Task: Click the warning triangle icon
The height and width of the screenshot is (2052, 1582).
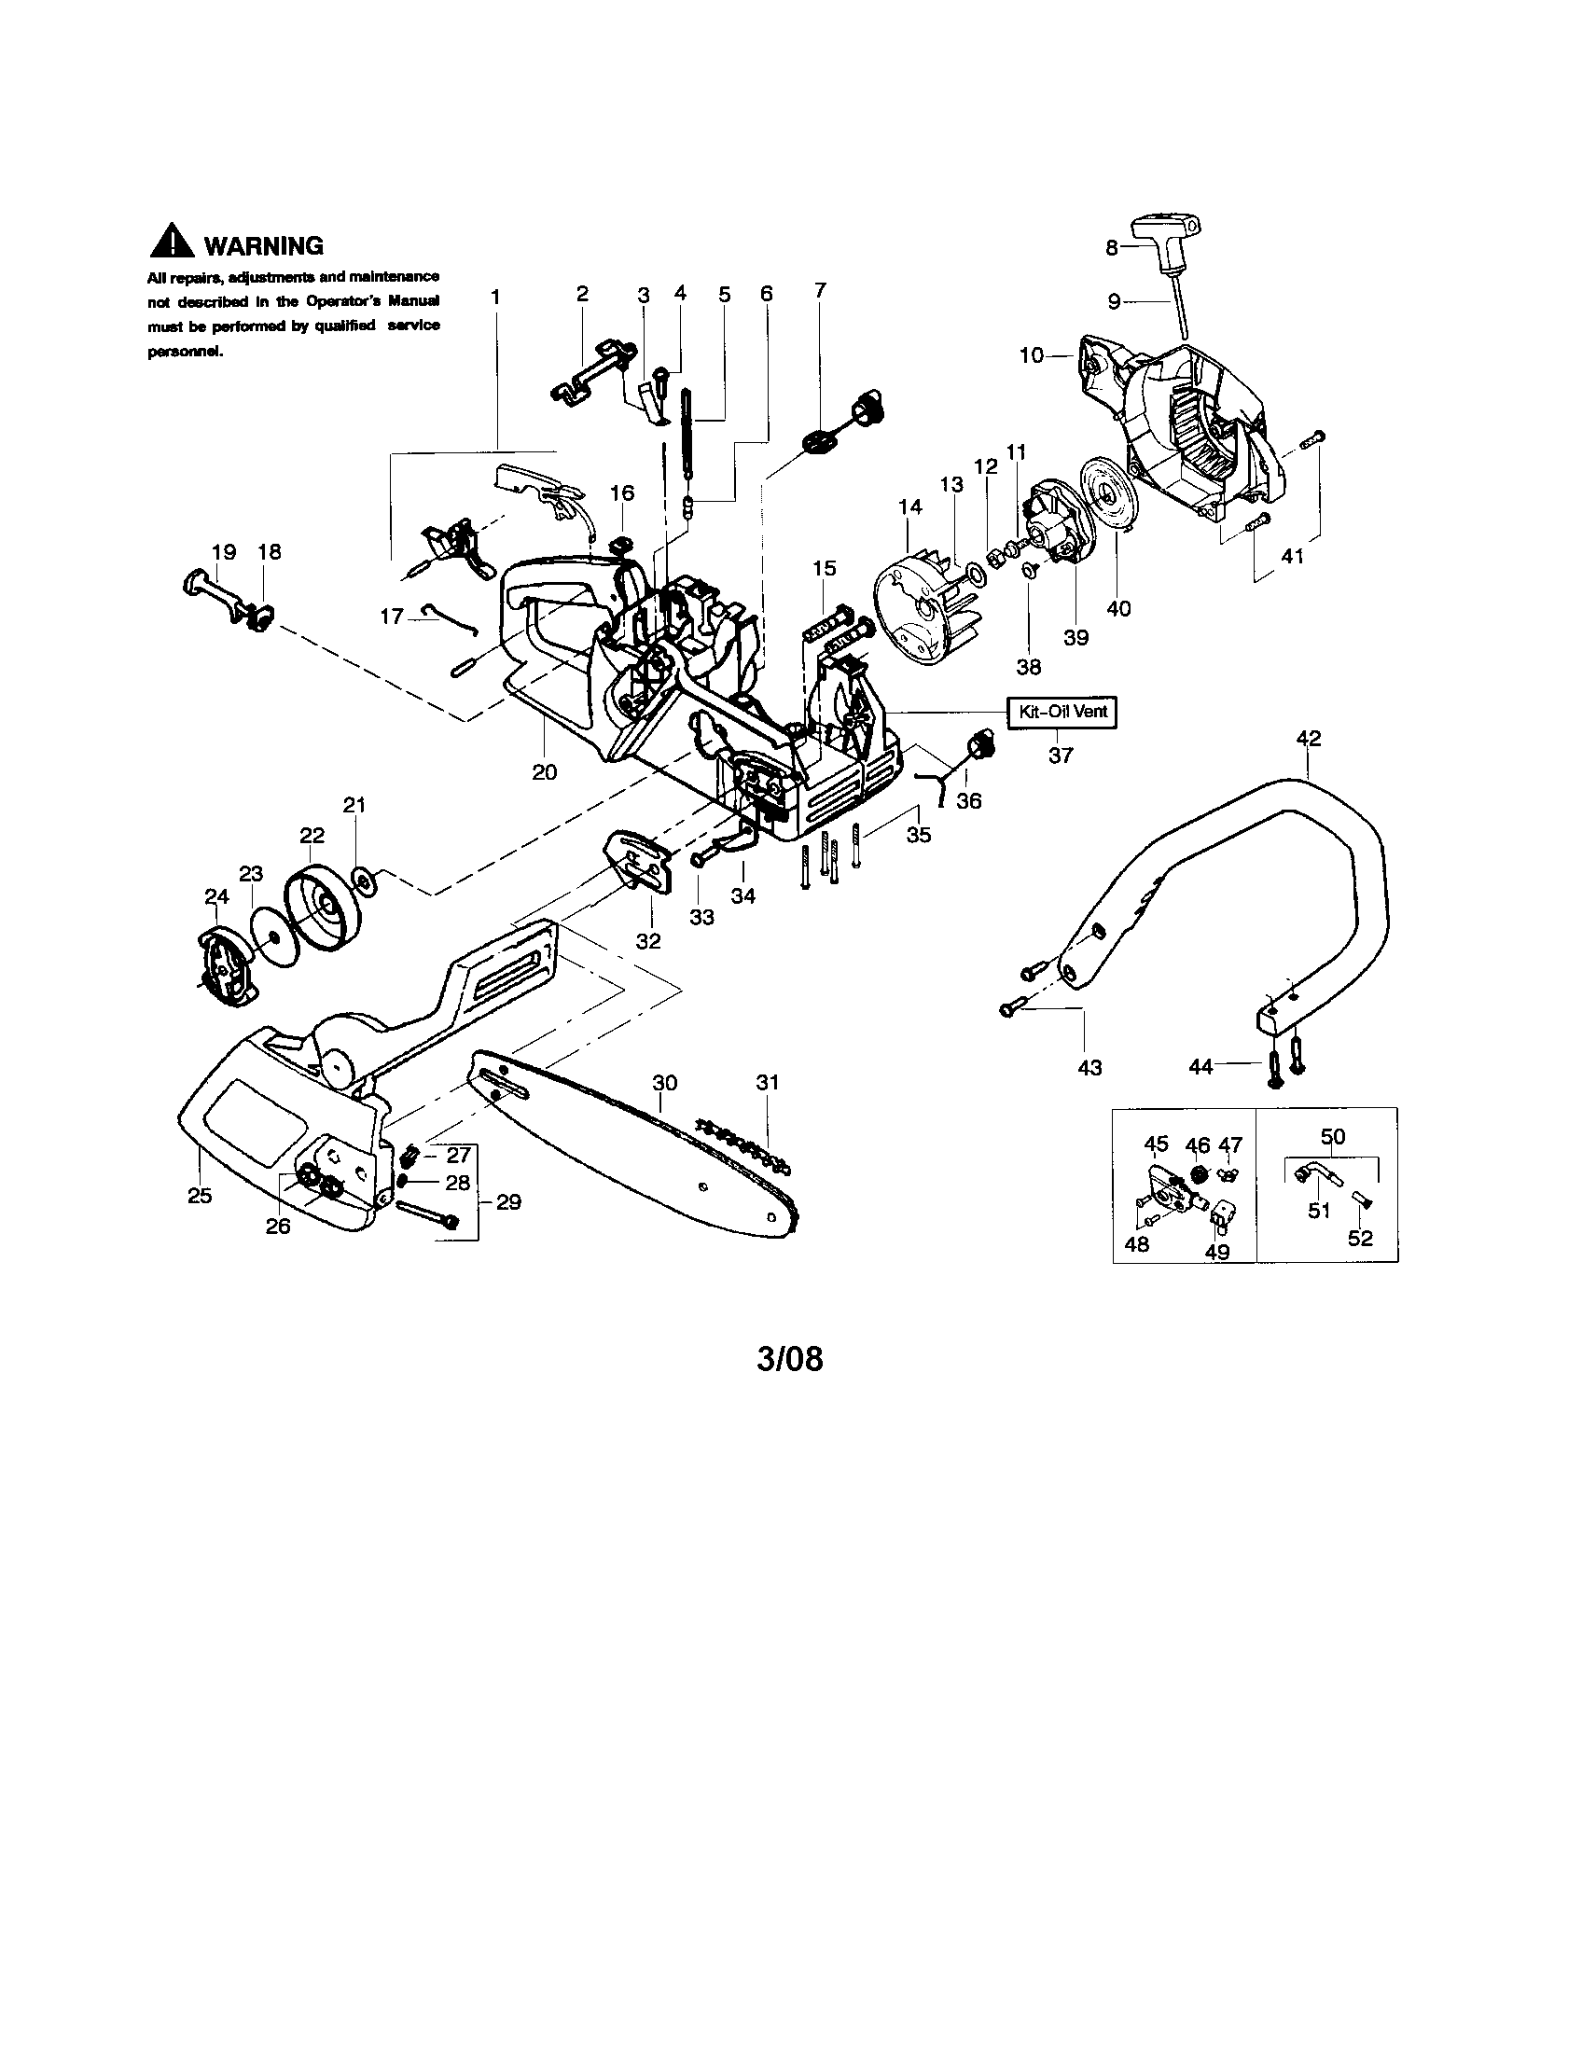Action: (172, 243)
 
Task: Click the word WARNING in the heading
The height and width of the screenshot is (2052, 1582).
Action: (264, 246)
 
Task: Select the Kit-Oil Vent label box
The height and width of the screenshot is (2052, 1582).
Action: (1062, 712)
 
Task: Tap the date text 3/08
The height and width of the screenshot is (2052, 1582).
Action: (790, 1360)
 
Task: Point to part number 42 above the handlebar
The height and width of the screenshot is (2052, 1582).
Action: (1308, 739)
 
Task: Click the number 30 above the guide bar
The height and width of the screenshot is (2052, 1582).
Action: (664, 1083)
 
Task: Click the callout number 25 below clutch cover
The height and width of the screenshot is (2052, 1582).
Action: (201, 1196)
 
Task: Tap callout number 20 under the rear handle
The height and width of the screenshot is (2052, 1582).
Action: (544, 772)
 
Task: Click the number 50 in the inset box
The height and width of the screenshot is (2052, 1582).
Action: (1332, 1137)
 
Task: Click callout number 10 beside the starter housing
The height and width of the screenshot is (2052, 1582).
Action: (1032, 356)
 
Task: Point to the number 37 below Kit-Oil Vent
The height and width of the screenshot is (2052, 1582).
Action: (1060, 755)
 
